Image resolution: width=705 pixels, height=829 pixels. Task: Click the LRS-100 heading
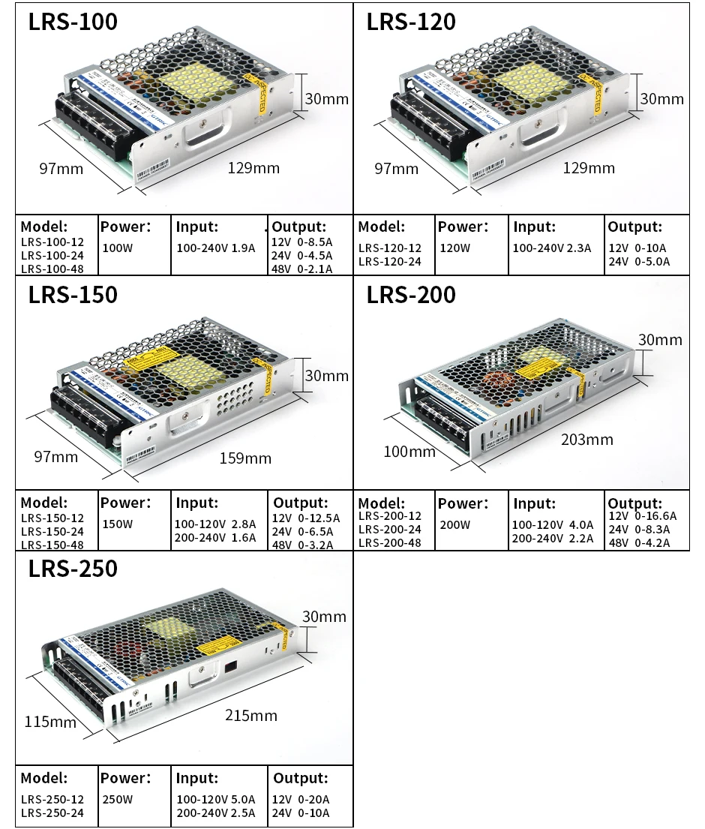tap(73, 22)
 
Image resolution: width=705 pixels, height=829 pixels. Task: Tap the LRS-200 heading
tap(411, 295)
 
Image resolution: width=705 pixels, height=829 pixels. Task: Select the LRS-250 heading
tap(73, 569)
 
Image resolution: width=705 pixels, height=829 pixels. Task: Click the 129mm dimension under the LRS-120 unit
tap(589, 167)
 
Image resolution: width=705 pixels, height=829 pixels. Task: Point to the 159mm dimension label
tap(245, 458)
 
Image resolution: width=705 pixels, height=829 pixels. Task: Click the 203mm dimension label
tap(586, 439)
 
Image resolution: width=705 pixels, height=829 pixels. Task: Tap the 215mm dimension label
tap(251, 715)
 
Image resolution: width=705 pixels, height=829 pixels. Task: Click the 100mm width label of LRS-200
tap(409, 451)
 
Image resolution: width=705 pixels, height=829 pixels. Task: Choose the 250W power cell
tap(117, 799)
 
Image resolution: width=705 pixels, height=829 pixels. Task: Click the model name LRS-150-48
tap(52, 545)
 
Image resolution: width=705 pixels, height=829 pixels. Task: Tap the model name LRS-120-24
tap(390, 261)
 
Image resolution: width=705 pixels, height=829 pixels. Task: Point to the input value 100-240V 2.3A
tap(552, 248)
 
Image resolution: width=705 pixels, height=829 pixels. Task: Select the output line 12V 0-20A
tap(301, 799)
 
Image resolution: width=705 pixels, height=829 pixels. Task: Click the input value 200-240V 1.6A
tap(215, 538)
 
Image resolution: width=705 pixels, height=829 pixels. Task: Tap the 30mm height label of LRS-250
tap(324, 617)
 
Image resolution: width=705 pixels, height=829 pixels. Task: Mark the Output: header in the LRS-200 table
tap(634, 503)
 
